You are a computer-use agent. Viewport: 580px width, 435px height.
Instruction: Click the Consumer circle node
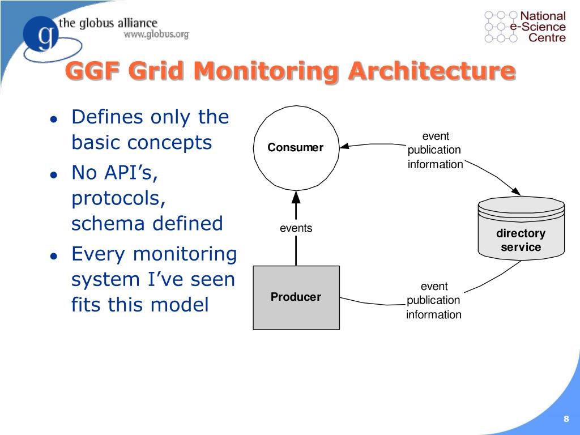[296, 148]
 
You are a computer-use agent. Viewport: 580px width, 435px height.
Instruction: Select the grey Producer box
[296, 297]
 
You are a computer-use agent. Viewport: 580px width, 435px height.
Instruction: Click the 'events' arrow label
[296, 228]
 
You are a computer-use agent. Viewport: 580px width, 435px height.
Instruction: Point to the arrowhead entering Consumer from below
[296, 197]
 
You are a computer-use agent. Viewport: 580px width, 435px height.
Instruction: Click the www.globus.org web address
[156, 35]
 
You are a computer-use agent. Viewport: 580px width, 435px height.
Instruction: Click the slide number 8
[566, 419]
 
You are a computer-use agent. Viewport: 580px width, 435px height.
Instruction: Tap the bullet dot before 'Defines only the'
[53, 120]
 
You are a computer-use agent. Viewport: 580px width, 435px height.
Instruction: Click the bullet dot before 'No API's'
[53, 175]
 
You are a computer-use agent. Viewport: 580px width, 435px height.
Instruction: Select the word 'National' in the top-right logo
[543, 16]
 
